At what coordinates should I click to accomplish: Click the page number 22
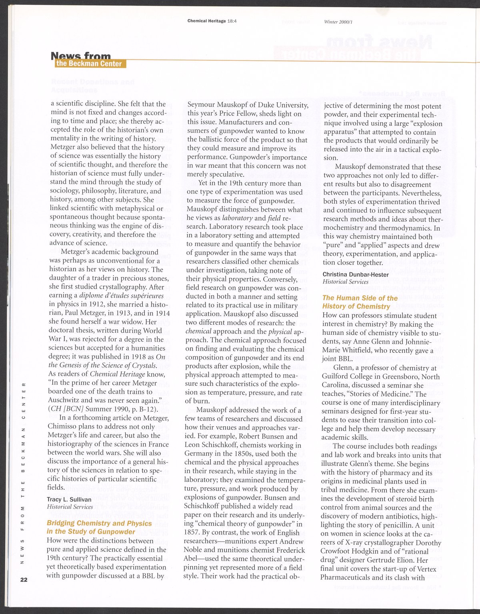(24, 580)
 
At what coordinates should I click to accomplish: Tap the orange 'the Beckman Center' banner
(89, 64)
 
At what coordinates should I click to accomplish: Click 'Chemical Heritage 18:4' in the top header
(212, 21)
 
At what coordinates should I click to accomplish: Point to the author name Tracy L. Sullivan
(69, 499)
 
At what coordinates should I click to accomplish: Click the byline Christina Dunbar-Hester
(350, 274)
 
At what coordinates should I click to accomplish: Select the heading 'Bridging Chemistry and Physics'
(99, 523)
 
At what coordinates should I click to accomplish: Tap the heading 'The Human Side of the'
(360, 298)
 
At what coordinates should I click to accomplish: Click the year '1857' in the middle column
(192, 533)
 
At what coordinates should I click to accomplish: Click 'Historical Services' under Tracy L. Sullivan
(70, 507)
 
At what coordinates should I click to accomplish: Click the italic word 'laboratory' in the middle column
(237, 218)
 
